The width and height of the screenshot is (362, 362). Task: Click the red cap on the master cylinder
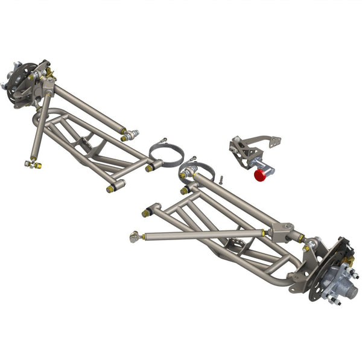pos(261,175)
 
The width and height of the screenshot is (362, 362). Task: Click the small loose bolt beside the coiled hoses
pos(222,179)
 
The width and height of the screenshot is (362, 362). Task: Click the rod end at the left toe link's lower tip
pos(34,164)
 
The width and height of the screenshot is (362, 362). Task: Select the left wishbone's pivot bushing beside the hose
pos(150,167)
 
